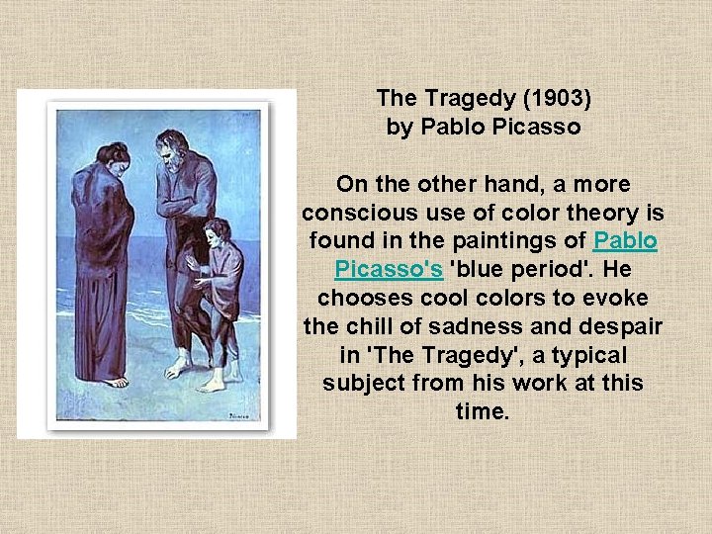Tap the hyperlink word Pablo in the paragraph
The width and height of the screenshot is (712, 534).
[x=625, y=240]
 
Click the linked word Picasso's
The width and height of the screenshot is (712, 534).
[x=389, y=269]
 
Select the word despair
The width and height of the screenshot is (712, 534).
[x=624, y=325]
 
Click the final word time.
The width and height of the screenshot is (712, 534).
[x=483, y=411]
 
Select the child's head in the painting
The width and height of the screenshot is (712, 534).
[x=217, y=234]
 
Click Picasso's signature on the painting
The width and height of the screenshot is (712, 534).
[x=241, y=417]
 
